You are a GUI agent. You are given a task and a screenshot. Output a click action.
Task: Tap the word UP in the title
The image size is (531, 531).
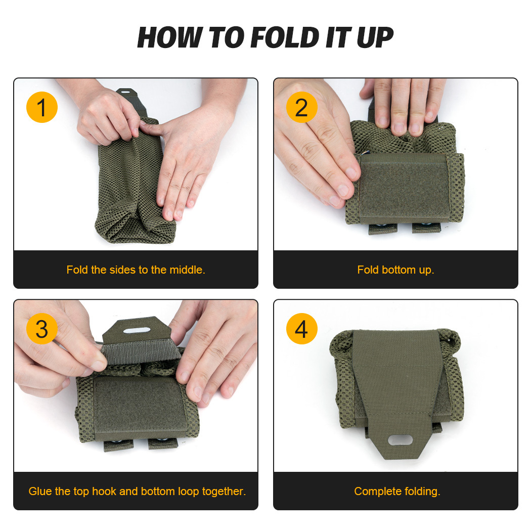pyautogui.click(x=374, y=37)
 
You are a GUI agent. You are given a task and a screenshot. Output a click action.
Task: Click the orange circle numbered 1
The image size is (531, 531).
pyautogui.click(x=42, y=108)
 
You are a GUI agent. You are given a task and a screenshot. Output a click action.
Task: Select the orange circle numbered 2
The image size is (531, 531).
pyautogui.click(x=302, y=108)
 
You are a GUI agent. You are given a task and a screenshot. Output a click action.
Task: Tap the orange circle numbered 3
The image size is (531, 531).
pyautogui.click(x=42, y=329)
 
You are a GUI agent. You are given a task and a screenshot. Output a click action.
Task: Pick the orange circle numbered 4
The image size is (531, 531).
pyautogui.click(x=302, y=329)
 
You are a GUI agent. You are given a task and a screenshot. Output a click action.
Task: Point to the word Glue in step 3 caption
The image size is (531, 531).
pyautogui.click(x=39, y=491)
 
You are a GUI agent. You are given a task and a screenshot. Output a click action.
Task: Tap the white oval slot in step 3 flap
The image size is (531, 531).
pyautogui.click(x=137, y=330)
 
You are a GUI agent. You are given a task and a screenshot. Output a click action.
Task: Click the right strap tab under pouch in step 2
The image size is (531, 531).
pyautogui.click(x=426, y=228)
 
